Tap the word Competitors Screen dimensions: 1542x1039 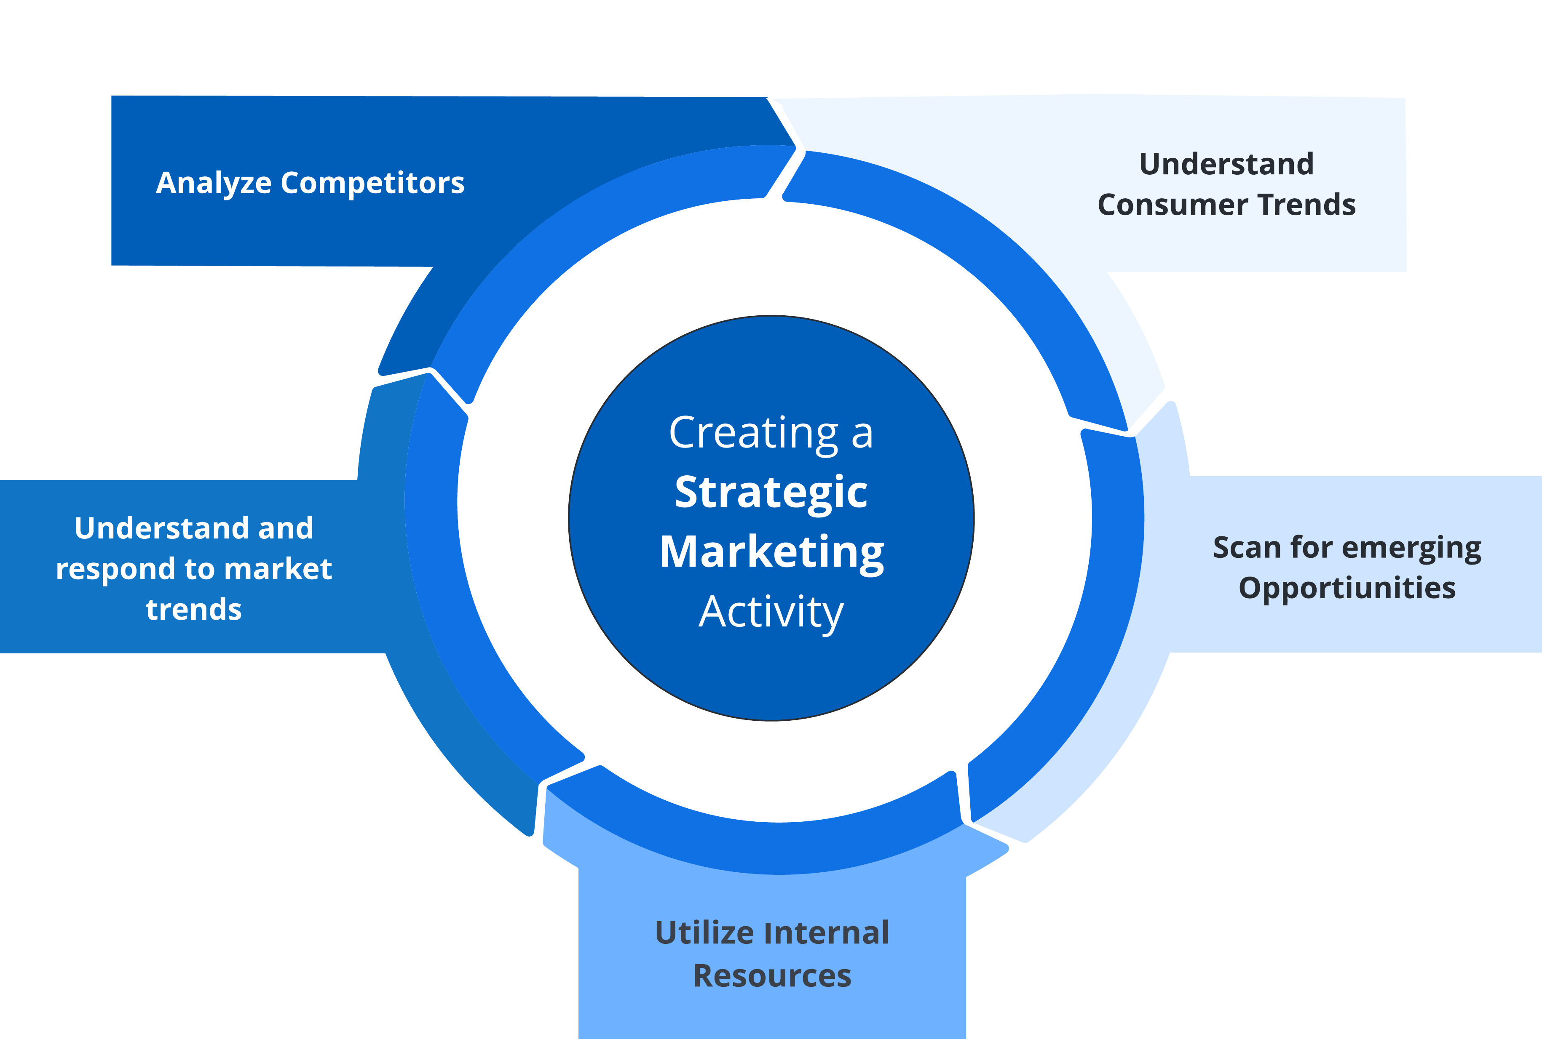point(372,182)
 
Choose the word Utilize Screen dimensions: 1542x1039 point(705,933)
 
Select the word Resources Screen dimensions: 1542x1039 point(772,976)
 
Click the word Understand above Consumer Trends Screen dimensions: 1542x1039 point(1226,164)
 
